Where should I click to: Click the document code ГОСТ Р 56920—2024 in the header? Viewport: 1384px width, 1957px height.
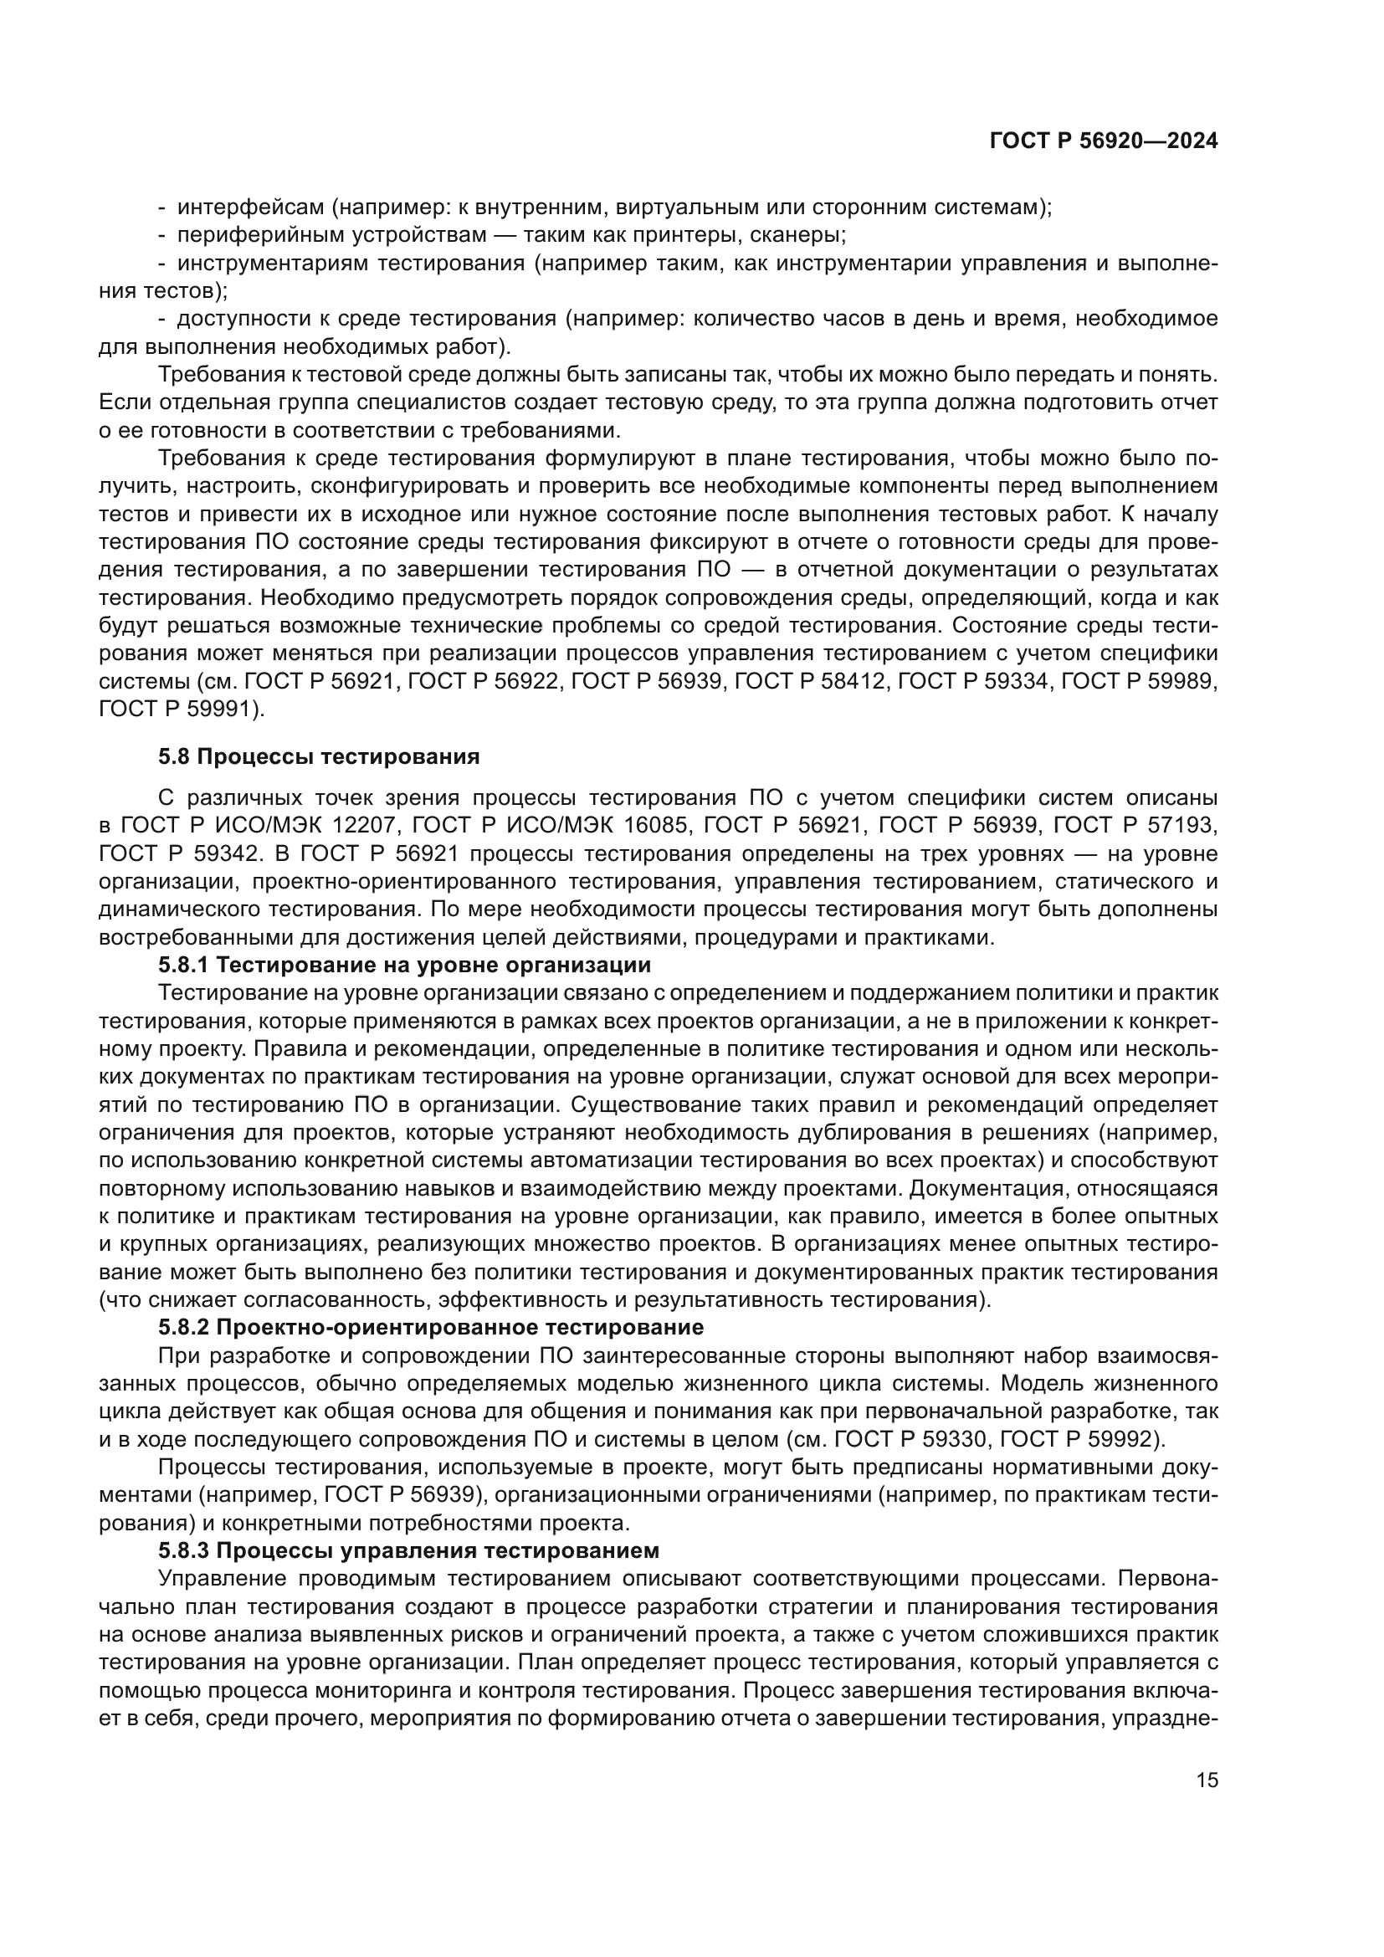point(1103,141)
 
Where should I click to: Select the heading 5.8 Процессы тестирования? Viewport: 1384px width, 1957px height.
point(319,757)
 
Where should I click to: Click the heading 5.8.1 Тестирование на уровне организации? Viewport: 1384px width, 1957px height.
point(404,965)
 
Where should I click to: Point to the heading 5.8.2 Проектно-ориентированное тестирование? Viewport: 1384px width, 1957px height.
point(430,1327)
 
